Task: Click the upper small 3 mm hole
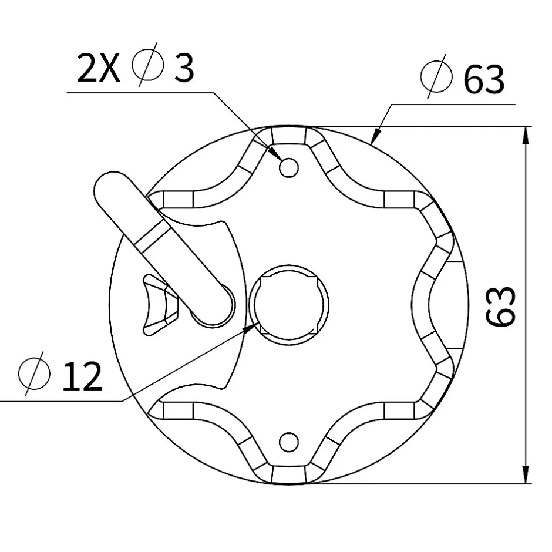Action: point(288,167)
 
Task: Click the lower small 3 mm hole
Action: point(288,441)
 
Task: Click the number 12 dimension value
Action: point(82,376)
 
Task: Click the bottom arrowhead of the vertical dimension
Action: point(525,476)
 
